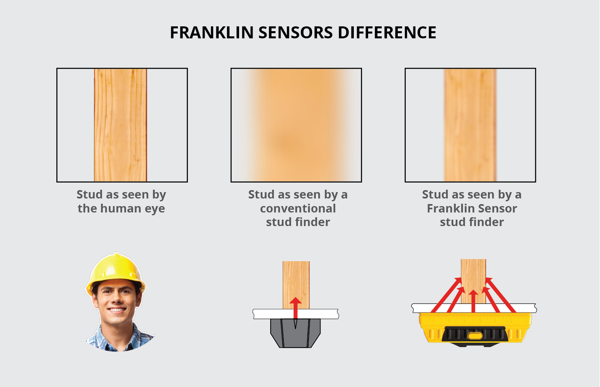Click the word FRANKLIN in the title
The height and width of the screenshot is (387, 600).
[211, 32]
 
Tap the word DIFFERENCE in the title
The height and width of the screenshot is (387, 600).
[387, 32]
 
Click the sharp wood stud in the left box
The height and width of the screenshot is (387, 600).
[120, 125]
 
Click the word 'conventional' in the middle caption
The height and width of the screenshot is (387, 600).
[298, 208]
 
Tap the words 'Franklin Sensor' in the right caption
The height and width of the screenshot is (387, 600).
[472, 208]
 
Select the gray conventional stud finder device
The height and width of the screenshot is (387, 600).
[295, 333]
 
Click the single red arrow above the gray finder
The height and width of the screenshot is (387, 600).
[295, 308]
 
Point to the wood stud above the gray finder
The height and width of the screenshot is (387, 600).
[296, 285]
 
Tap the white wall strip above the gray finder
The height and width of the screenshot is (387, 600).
[296, 314]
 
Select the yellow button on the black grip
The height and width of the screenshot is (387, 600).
[474, 335]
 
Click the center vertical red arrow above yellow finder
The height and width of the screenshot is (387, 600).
[473, 301]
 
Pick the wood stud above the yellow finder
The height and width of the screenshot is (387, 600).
[473, 281]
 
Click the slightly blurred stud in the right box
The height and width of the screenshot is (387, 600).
[470, 125]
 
